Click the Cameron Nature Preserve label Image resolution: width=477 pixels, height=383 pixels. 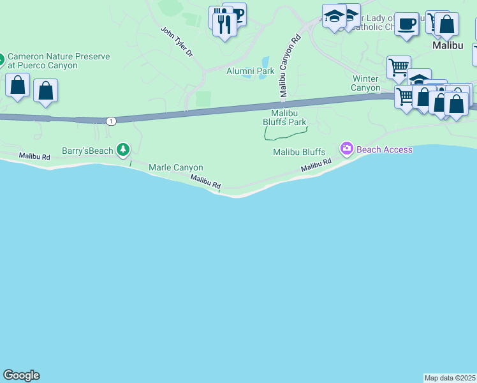[x=59, y=61]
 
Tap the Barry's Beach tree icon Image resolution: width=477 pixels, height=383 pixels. [x=122, y=151]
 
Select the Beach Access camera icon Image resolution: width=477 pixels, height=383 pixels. [x=346, y=149]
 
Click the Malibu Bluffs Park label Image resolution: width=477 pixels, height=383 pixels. [x=285, y=117]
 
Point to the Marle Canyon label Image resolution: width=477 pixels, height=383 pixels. [x=175, y=167]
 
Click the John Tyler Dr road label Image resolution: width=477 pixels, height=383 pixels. [x=176, y=41]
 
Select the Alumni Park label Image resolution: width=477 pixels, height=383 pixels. [x=250, y=71]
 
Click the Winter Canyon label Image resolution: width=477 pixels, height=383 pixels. [x=366, y=83]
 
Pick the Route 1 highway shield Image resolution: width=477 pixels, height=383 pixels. [x=112, y=121]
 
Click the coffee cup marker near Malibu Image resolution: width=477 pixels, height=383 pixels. [x=406, y=25]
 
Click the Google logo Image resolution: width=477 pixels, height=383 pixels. [x=21, y=375]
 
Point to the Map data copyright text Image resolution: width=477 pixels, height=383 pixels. [x=450, y=378]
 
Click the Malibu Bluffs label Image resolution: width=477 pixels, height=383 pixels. [x=299, y=152]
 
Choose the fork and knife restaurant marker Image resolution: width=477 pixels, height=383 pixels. [x=224, y=24]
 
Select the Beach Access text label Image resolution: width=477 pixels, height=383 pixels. [x=385, y=149]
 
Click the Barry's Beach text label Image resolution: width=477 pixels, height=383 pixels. [x=87, y=151]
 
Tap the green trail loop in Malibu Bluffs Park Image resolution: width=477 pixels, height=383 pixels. [x=285, y=132]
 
